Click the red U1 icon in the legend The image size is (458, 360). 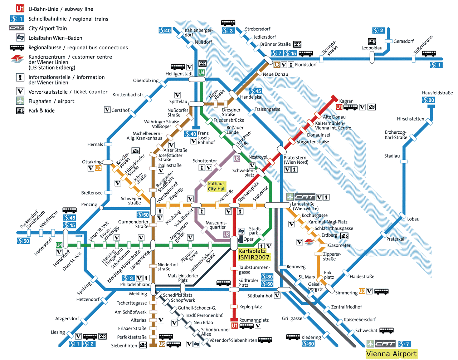point(20,9)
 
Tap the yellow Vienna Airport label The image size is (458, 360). point(391,354)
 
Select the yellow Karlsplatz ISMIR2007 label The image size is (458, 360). point(254,254)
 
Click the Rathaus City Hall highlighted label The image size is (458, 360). point(217,186)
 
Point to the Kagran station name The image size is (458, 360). point(346,101)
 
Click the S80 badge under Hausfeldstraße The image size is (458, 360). point(428,100)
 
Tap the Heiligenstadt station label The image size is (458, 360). point(179,74)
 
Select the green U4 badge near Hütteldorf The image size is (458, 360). point(59,245)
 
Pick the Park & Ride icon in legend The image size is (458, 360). point(20,110)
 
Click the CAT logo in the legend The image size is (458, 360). point(17,28)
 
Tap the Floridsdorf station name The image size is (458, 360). point(306,65)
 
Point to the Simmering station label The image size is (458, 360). point(346,292)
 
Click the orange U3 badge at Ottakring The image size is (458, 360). point(98,168)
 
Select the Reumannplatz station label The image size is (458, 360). point(254,320)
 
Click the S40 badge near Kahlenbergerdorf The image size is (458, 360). point(165,31)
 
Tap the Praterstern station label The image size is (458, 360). point(295,159)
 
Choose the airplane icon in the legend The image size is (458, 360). point(20,101)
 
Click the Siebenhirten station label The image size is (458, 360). point(124,345)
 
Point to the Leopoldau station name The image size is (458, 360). point(372,48)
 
